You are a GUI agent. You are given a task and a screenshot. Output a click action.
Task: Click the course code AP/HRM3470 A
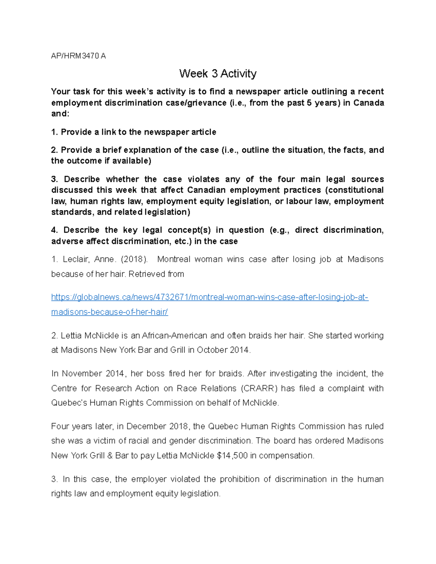78,56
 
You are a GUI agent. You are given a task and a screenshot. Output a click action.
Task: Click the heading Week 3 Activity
218,74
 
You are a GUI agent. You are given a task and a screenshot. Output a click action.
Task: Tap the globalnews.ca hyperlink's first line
210,297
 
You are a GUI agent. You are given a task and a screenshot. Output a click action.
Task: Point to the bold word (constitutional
354,190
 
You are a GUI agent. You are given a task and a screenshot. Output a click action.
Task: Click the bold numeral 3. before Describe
54,179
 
